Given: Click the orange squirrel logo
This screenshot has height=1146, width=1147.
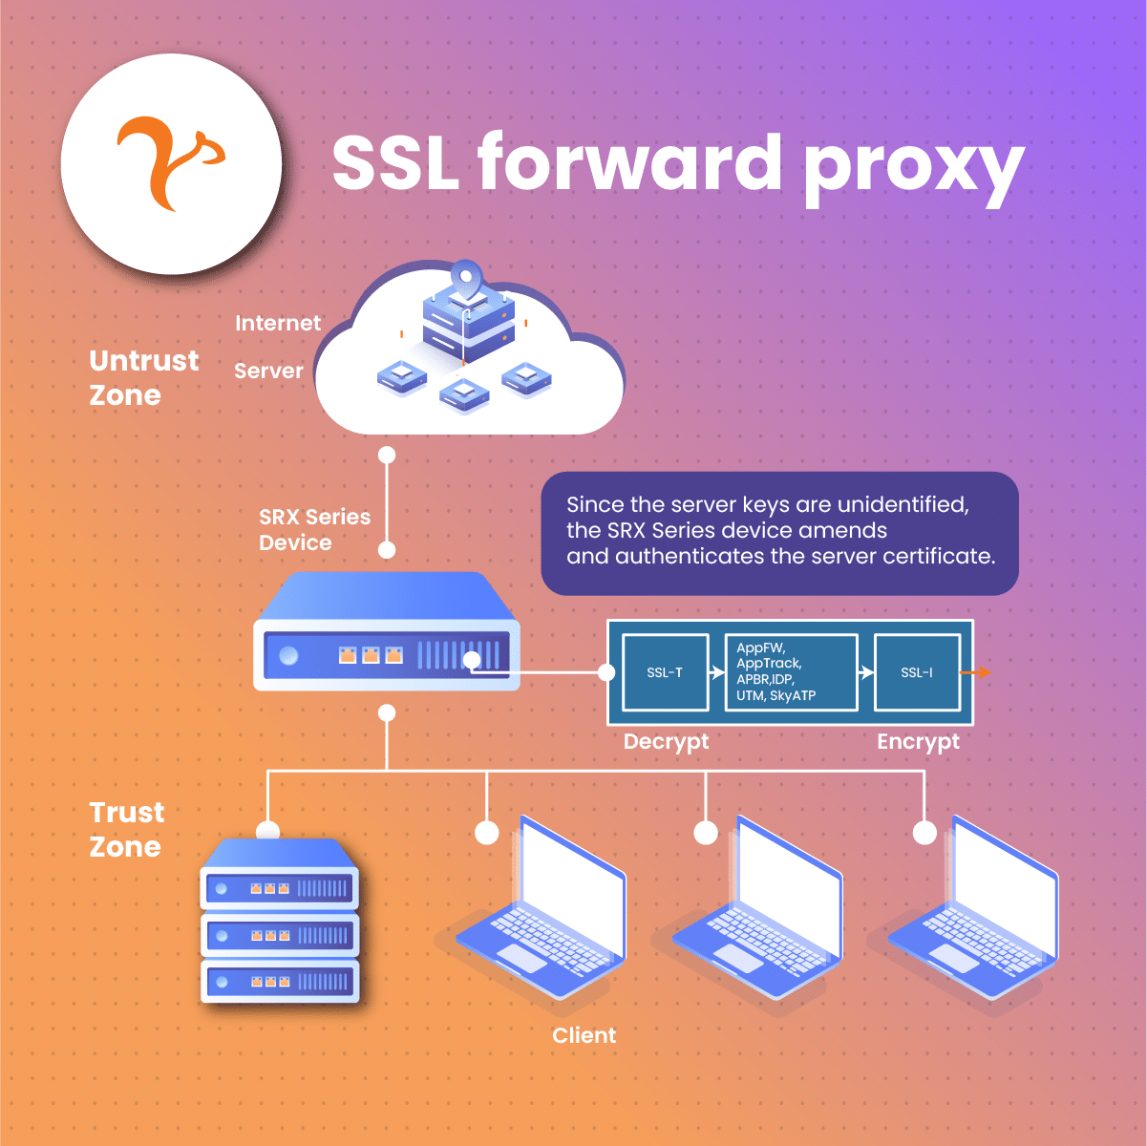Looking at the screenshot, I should point(170,162).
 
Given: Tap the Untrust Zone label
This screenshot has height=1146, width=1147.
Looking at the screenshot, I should point(143,377).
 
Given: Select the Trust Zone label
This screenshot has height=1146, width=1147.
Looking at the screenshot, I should point(126,829).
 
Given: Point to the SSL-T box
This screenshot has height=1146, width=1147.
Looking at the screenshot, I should point(665,672).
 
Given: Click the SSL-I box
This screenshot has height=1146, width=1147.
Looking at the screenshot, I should point(917,672).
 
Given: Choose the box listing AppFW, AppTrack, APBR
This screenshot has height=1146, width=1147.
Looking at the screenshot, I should point(791,672).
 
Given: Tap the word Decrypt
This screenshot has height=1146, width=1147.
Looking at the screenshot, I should point(666,742).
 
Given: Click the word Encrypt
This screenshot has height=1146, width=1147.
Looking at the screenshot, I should point(918,742).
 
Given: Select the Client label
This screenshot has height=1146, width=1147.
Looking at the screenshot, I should point(584,1035).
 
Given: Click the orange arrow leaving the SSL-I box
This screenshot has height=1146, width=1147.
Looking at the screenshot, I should point(977,672).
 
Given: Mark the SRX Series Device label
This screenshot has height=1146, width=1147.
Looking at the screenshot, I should point(314,529).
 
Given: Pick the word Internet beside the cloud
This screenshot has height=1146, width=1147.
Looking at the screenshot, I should point(278,323).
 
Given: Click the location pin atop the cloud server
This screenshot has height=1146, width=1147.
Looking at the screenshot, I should point(465,276).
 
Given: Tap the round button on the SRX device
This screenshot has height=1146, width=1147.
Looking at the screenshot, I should point(288,656).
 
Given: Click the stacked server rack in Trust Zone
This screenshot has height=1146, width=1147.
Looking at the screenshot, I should point(279,922).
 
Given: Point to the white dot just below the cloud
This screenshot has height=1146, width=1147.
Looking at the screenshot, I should point(387,455).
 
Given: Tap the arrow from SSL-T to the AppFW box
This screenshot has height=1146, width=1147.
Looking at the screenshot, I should point(716,672).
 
